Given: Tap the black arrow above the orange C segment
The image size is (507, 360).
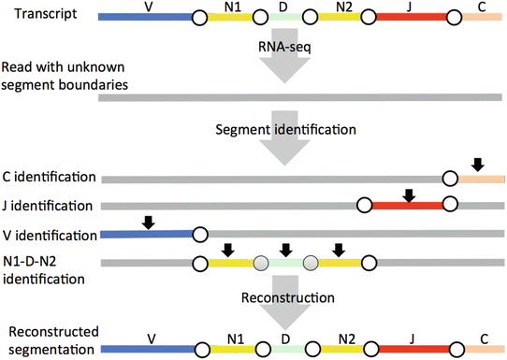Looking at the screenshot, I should [x=477, y=165].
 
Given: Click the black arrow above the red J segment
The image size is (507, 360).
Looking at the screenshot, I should [x=408, y=194].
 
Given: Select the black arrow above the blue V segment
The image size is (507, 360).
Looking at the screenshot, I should [x=147, y=223].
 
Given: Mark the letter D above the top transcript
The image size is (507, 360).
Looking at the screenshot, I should [x=285, y=7].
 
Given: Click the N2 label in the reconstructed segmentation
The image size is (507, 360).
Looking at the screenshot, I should [x=345, y=335].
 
